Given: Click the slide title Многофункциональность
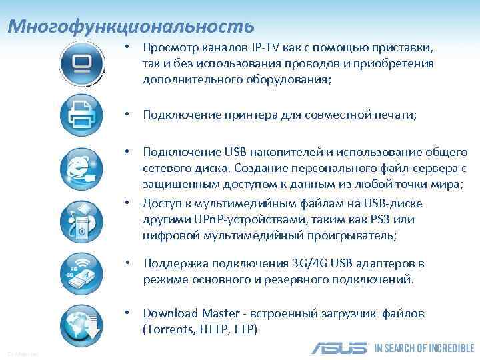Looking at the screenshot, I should [131, 26].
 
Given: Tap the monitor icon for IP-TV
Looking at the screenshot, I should [82, 63].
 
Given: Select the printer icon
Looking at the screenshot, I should [82, 115].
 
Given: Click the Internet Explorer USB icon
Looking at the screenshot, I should [82, 169].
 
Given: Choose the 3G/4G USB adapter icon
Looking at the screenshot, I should [82, 271].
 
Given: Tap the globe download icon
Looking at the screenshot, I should [82, 323].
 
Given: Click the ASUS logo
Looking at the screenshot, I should [339, 348].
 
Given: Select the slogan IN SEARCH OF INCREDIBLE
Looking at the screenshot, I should [424, 348].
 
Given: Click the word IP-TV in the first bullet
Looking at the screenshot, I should [266, 49].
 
